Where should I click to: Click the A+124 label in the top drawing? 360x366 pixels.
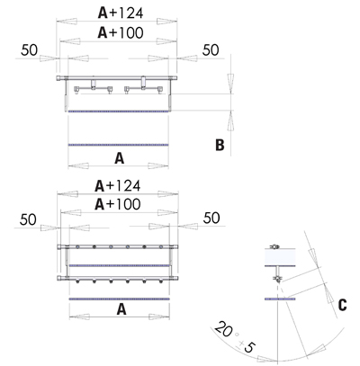click(121, 13)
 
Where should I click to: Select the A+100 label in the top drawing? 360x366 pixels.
click(121, 32)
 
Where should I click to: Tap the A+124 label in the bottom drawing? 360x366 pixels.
click(118, 186)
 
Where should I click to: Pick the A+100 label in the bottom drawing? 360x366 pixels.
click(118, 204)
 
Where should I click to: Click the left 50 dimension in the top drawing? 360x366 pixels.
click(29, 50)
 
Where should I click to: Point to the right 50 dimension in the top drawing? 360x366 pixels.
click(211, 50)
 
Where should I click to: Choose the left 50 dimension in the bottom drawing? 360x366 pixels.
click(28, 219)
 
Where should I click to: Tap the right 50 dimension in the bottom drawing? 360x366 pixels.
click(211, 218)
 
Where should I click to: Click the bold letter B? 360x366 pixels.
click(220, 145)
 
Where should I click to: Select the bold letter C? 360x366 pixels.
click(342, 305)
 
